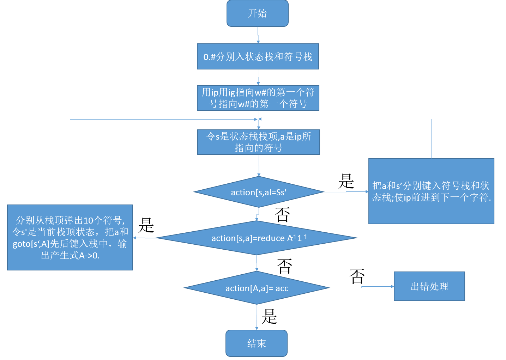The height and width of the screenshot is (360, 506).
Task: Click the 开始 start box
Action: coord(257,13)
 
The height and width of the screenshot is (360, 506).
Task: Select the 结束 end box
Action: coord(257,343)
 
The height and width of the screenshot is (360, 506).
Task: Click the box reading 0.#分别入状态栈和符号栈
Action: coord(258,56)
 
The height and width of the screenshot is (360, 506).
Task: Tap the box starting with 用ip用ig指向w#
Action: coord(258,98)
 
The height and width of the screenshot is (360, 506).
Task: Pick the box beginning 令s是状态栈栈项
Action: coord(259,142)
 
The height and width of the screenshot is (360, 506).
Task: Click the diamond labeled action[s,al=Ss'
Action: coord(259,192)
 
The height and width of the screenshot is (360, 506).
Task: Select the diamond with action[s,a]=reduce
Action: coord(257,238)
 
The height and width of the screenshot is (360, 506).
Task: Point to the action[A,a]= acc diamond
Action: coord(257,288)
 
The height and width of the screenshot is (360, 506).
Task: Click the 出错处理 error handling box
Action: coord(429,286)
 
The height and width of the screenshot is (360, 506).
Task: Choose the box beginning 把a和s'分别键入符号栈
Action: coord(431,191)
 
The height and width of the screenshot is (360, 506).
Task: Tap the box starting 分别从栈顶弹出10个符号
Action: coord(70,237)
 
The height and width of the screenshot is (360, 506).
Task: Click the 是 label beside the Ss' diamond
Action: coord(346,181)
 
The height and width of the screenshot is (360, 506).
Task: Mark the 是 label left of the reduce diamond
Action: coord(146,225)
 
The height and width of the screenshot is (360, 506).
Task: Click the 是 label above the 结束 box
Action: coord(269,316)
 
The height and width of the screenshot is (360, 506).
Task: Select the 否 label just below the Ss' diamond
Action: coord(282,214)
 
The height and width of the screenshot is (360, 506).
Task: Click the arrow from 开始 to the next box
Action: coord(258,35)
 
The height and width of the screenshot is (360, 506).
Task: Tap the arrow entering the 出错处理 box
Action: coord(378,287)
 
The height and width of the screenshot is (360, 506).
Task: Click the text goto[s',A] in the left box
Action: coord(31,244)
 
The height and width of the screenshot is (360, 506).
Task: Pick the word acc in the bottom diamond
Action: coord(282,288)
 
